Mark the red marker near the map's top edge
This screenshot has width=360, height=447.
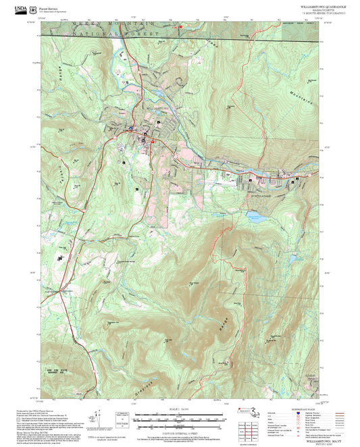(x=180, y=26)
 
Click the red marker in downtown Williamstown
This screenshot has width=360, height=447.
(x=153, y=141)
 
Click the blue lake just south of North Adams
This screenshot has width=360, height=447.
(x=255, y=217)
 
